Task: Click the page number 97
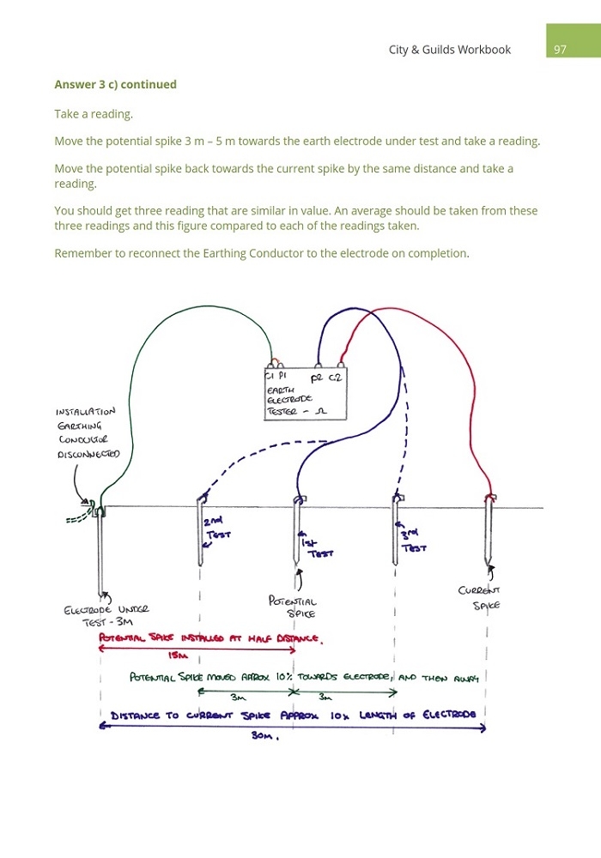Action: (x=560, y=50)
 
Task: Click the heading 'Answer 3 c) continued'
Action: (x=116, y=84)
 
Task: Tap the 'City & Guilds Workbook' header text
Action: (x=449, y=50)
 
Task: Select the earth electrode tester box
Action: (x=306, y=395)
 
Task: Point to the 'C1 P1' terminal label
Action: (x=276, y=376)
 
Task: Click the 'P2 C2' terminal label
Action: (x=326, y=378)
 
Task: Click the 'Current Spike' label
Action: (x=480, y=597)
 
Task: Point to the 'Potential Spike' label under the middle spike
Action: (x=293, y=607)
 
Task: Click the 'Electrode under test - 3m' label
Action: (x=106, y=615)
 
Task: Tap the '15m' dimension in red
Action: (x=178, y=655)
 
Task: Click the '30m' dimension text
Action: (x=265, y=735)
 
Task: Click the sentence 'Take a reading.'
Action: (x=94, y=114)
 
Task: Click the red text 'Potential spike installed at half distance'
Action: (x=210, y=638)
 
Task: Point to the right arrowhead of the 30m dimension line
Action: (x=483, y=728)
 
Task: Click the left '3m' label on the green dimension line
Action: (x=238, y=697)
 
